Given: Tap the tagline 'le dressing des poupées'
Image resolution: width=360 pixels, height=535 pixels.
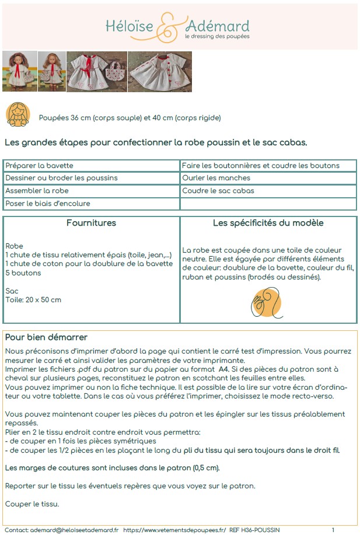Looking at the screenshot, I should click(217, 36).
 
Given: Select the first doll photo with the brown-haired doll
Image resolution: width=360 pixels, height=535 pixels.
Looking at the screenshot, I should click(19, 71).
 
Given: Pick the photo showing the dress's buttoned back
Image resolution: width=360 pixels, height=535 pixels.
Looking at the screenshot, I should click(159, 71).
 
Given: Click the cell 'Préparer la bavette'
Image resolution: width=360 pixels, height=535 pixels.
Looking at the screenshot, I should click(39, 166).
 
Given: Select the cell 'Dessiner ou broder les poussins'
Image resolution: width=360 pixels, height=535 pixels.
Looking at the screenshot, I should click(61, 178).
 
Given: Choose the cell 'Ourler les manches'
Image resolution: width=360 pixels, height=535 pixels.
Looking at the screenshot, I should click(216, 178).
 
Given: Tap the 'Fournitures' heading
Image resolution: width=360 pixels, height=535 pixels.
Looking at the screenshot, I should click(91, 223).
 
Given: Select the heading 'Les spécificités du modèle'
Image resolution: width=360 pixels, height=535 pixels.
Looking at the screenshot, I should click(268, 223).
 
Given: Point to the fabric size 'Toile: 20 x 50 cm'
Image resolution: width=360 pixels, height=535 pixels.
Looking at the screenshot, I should click(33, 300).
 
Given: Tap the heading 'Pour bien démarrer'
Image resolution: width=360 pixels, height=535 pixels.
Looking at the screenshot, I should click(46, 338).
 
